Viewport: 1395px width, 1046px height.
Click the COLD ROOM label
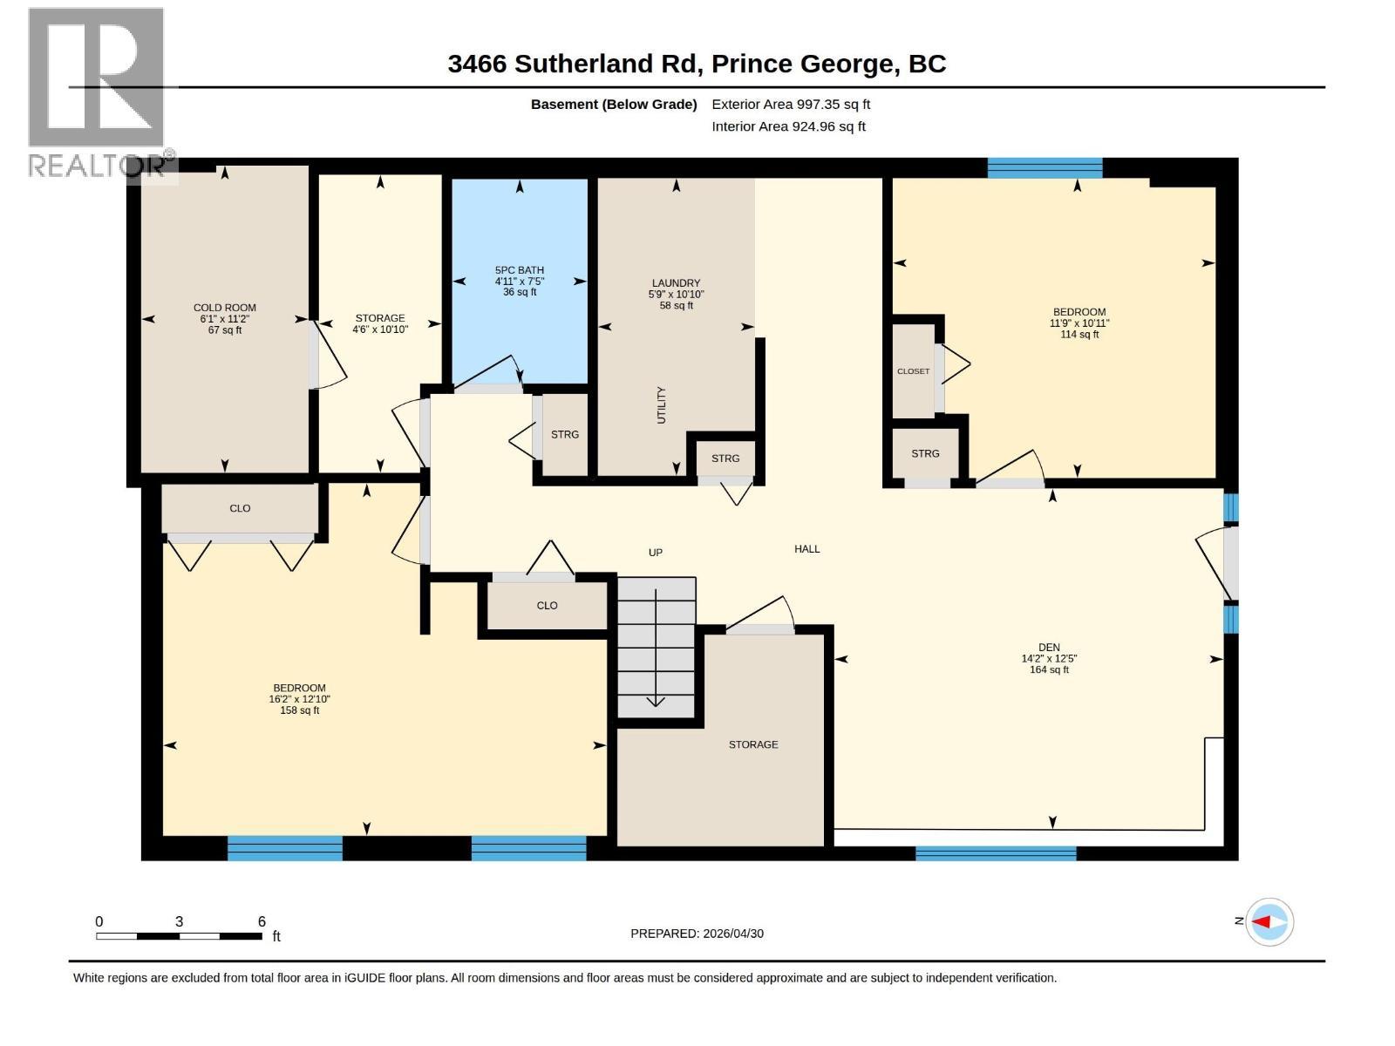pos(224,308)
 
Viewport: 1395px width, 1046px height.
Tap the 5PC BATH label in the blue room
pos(520,270)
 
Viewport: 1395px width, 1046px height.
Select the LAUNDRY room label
pos(676,283)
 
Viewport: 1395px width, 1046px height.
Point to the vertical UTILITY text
pos(661,405)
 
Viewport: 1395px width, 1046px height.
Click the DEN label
pos(1049,648)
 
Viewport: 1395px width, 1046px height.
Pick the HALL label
pos(806,549)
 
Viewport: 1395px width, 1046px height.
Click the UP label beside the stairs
pos(656,553)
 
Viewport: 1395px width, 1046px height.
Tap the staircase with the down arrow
pos(656,647)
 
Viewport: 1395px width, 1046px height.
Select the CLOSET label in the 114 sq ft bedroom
pos(913,371)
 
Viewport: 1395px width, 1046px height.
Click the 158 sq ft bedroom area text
pos(299,710)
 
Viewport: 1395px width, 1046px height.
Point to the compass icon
pos(1269,921)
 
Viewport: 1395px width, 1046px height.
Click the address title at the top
pos(697,64)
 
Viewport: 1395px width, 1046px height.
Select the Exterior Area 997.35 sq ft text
pos(791,104)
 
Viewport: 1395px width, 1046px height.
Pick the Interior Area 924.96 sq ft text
pos(788,126)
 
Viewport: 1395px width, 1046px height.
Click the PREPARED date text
pos(697,934)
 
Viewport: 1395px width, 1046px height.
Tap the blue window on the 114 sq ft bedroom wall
pos(1045,167)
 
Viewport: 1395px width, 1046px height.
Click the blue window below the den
pos(996,853)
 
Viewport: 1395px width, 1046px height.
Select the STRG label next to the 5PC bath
pos(564,434)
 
